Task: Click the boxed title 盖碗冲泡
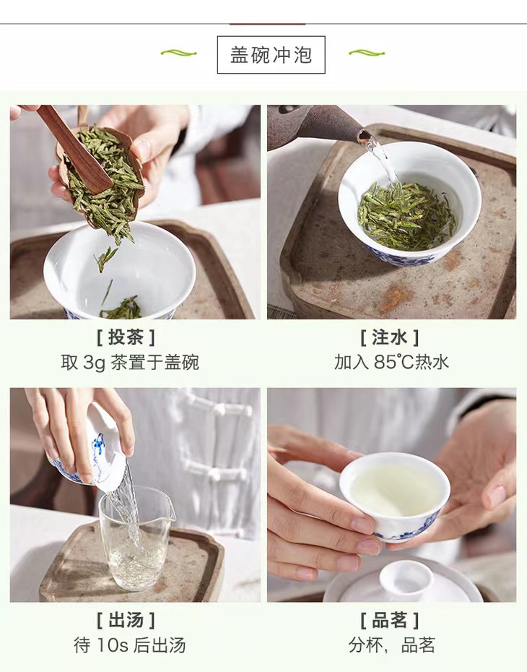pos(271,55)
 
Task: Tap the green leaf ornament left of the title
pos(178,53)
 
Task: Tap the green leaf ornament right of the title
pos(367,53)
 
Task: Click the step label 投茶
pos(126,337)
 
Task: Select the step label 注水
pos(390,337)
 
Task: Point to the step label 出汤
pos(126,620)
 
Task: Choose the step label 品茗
pos(390,620)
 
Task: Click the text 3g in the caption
pos(94,363)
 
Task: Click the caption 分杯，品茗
pos(391,645)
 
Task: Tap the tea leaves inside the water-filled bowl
pos(406,216)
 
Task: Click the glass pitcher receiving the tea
pos(136,538)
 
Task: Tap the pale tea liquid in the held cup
pos(395,489)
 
